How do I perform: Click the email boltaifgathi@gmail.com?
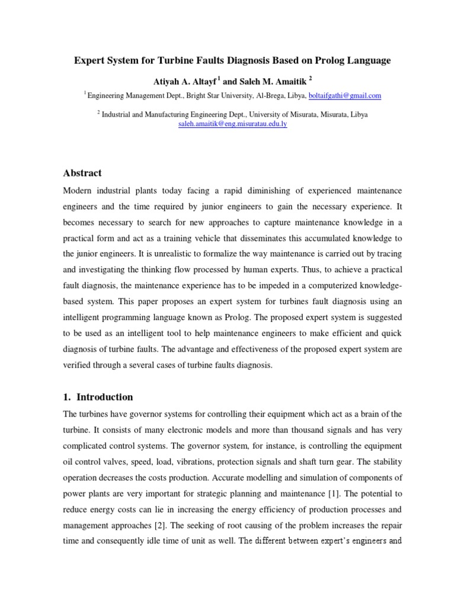345,95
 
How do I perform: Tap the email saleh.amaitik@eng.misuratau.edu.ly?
233,125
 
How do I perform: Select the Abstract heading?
82,173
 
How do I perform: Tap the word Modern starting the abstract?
79,191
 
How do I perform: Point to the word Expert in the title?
87,60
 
